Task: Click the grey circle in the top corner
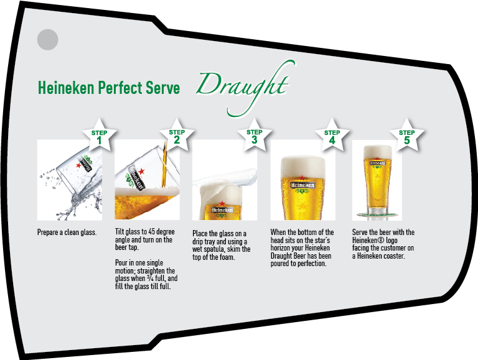pyautogui.click(x=47, y=40)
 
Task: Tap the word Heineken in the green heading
pyautogui.click(x=66, y=88)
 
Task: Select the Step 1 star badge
pyautogui.click(x=99, y=135)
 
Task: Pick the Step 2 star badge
pyautogui.click(x=177, y=135)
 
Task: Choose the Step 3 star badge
pyautogui.click(x=255, y=135)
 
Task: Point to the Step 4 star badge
pyautogui.click(x=332, y=135)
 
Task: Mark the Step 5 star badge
pyautogui.click(x=406, y=135)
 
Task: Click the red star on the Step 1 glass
pyautogui.click(x=78, y=165)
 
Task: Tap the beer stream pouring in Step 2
pyautogui.click(x=164, y=165)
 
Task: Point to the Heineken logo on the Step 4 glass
pyautogui.click(x=302, y=185)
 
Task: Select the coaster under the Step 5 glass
pyautogui.click(x=378, y=215)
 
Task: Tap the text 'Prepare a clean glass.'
pyautogui.click(x=67, y=233)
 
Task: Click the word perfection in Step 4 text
pyautogui.click(x=312, y=264)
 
